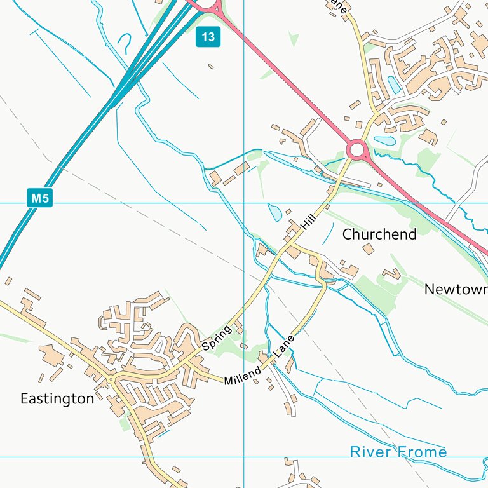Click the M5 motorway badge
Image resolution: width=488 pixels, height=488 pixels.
click(39, 198)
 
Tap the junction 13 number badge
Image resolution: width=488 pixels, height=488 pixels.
click(208, 37)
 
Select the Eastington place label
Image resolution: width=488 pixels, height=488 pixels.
click(57, 399)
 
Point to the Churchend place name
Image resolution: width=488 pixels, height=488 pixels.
click(379, 234)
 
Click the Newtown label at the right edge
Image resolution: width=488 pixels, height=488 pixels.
click(455, 290)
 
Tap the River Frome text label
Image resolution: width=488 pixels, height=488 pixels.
click(398, 452)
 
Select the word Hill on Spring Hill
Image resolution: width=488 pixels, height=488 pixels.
click(309, 222)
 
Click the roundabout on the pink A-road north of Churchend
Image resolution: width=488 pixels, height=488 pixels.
click(357, 151)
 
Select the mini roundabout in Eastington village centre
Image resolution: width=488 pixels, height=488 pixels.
click(111, 380)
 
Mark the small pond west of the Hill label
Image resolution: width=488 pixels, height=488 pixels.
click(274, 212)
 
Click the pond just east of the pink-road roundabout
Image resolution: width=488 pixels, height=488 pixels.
click(385, 140)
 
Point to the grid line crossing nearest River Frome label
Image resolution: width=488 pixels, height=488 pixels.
click(244, 456)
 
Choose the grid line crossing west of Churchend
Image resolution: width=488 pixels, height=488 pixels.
click(244, 203)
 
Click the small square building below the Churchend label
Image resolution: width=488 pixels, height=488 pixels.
click(368, 248)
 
